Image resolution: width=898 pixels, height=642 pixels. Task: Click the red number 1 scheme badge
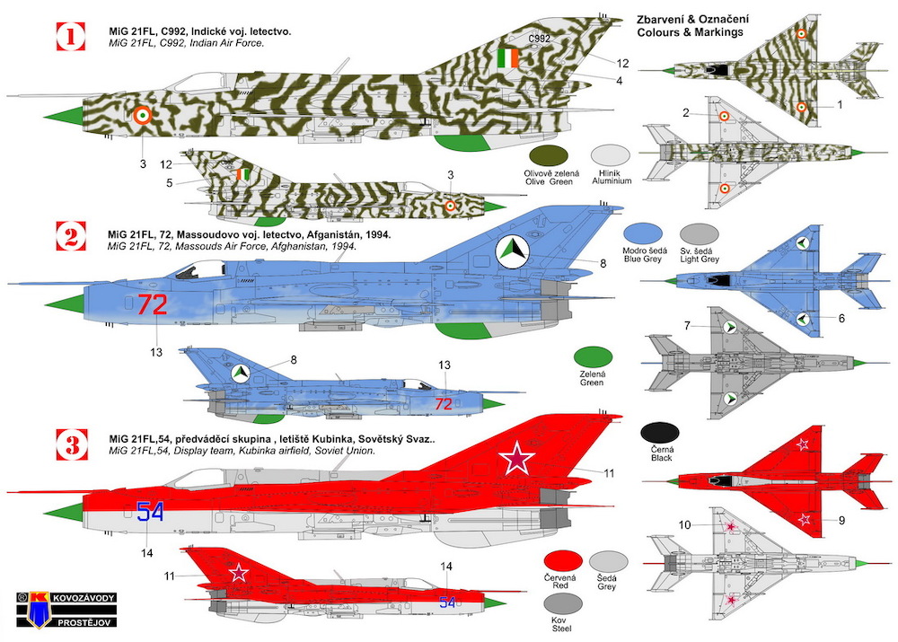(x=71, y=37)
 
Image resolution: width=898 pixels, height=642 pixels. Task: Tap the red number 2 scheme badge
(x=71, y=236)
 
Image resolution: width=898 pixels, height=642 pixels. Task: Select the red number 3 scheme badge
(x=72, y=444)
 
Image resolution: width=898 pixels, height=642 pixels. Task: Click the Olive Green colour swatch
(x=549, y=155)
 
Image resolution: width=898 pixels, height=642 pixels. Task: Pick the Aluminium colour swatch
(x=611, y=155)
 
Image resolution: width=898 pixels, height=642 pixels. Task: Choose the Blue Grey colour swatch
(x=643, y=234)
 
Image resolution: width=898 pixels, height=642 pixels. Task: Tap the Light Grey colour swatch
(x=699, y=234)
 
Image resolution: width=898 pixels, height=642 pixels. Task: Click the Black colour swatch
(x=660, y=434)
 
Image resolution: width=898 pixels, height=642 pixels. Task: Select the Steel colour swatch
(x=562, y=603)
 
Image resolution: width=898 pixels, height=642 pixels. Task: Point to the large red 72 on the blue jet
(x=152, y=304)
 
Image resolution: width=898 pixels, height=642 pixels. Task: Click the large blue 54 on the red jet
(x=151, y=512)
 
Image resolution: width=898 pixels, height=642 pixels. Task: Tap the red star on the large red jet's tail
(x=516, y=458)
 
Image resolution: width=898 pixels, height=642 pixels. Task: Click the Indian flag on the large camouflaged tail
(x=507, y=57)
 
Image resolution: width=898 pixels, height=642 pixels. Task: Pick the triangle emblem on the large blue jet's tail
(x=513, y=251)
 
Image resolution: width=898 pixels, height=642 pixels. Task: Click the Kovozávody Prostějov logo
(x=66, y=610)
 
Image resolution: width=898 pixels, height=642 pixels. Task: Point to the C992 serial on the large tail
(x=540, y=39)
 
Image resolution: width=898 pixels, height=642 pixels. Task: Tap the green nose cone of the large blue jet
(x=66, y=304)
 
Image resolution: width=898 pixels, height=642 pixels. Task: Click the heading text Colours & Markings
(x=690, y=32)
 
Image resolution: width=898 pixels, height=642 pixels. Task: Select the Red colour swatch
(x=563, y=560)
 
